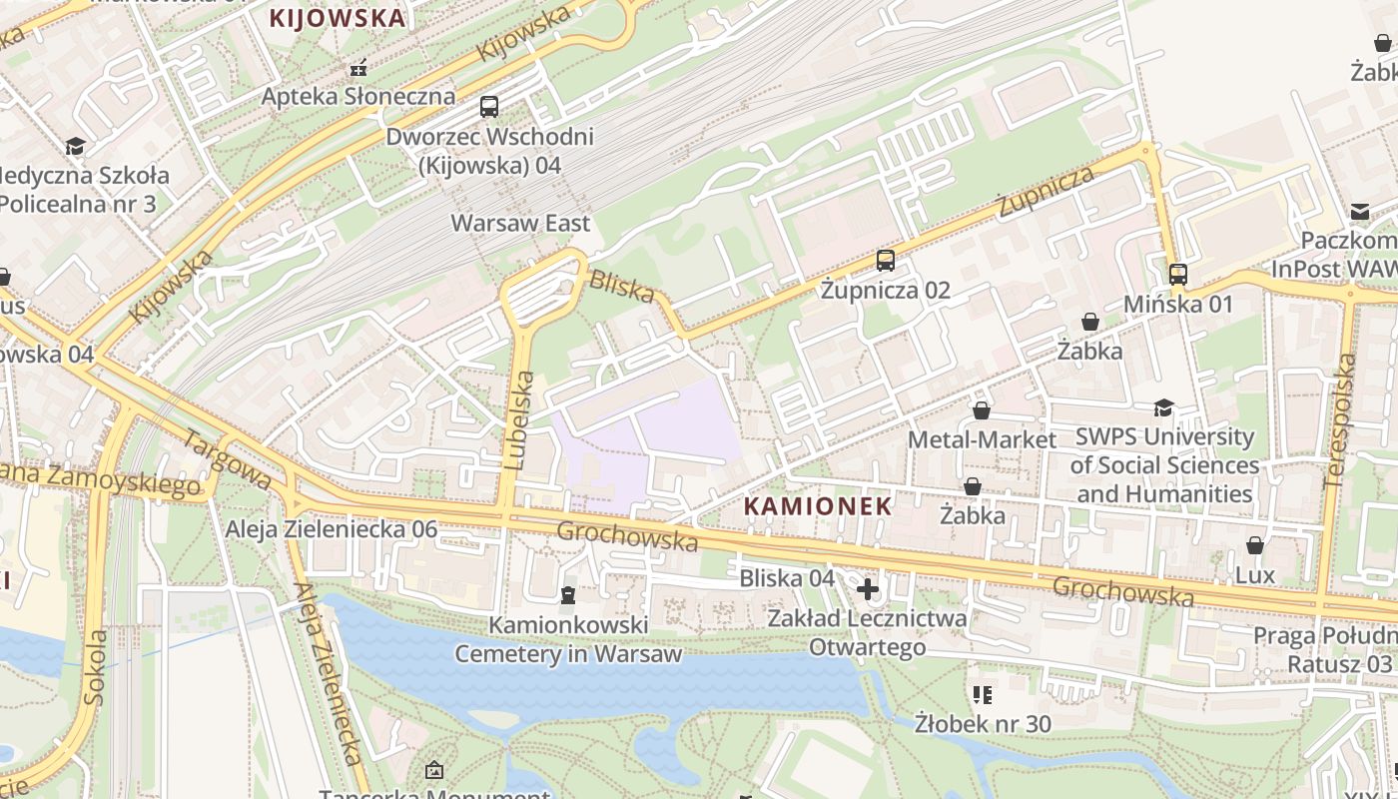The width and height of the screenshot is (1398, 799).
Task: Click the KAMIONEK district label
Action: pyautogui.click(x=818, y=506)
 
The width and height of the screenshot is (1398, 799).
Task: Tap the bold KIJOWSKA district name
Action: pyautogui.click(x=339, y=18)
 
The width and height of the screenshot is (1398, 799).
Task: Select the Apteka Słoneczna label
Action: pyautogui.click(x=358, y=97)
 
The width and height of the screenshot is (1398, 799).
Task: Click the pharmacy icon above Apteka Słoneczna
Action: pyautogui.click(x=358, y=69)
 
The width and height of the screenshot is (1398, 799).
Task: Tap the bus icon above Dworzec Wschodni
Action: pyautogui.click(x=489, y=107)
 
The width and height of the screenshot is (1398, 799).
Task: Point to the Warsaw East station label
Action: pyautogui.click(x=521, y=223)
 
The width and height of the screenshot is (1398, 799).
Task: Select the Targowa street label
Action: pyautogui.click(x=228, y=460)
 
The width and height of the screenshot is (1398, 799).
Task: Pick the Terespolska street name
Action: pyautogui.click(x=1338, y=419)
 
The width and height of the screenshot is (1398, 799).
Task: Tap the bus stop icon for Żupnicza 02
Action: pyautogui.click(x=886, y=261)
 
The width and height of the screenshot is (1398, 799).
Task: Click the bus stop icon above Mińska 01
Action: pyautogui.click(x=1178, y=274)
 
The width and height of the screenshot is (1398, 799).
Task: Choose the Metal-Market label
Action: pyautogui.click(x=982, y=439)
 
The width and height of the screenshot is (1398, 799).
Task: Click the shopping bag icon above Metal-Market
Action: pyautogui.click(x=982, y=410)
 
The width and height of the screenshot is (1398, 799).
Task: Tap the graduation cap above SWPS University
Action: pyautogui.click(x=1163, y=407)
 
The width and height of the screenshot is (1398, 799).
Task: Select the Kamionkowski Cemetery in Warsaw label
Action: pyautogui.click(x=568, y=639)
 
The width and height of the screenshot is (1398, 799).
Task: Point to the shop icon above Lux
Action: pyautogui.click(x=1255, y=545)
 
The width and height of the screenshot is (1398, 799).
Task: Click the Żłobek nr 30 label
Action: pyautogui.click(x=983, y=722)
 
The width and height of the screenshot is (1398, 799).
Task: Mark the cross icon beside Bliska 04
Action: pyautogui.click(x=867, y=589)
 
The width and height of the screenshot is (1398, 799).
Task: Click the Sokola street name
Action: pyautogui.click(x=95, y=667)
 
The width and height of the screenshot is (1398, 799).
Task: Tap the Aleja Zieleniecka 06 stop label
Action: pyautogui.click(x=332, y=529)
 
